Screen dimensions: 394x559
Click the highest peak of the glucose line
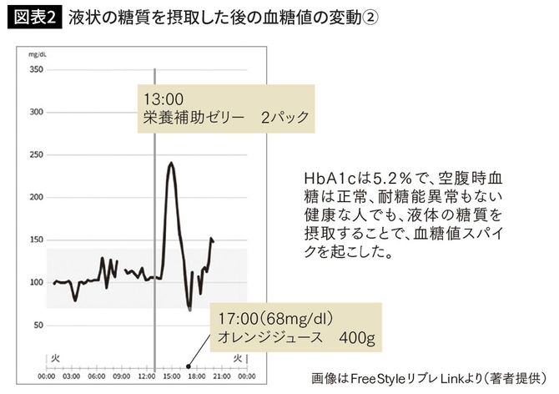(x=171, y=163)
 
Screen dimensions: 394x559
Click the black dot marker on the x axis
(x=189, y=366)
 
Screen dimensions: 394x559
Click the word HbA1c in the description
(x=328, y=178)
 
